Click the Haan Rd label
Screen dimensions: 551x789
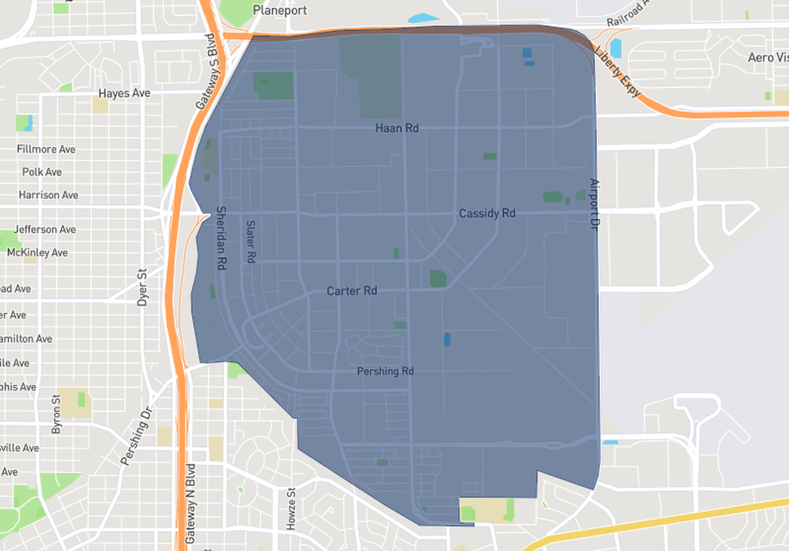tap(397, 129)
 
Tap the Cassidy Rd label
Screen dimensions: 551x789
tap(487, 214)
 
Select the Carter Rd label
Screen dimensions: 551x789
tap(352, 292)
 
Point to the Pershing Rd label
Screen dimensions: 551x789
tap(385, 371)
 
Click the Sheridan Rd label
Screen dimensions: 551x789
tap(222, 237)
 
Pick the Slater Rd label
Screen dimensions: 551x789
tap(250, 242)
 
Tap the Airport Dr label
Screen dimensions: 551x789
tap(593, 204)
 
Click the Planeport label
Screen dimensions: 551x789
tap(280, 11)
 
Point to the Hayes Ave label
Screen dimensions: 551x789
tap(125, 93)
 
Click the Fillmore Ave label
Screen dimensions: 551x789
tap(46, 149)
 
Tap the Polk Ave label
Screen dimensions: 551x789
tap(42, 172)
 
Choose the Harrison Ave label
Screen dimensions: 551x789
tap(48, 195)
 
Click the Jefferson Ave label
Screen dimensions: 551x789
tap(44, 230)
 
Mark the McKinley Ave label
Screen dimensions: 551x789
tap(37, 253)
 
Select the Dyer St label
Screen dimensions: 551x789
tap(141, 287)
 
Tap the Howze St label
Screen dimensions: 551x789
tap(291, 510)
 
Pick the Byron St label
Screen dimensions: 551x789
tap(56, 414)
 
